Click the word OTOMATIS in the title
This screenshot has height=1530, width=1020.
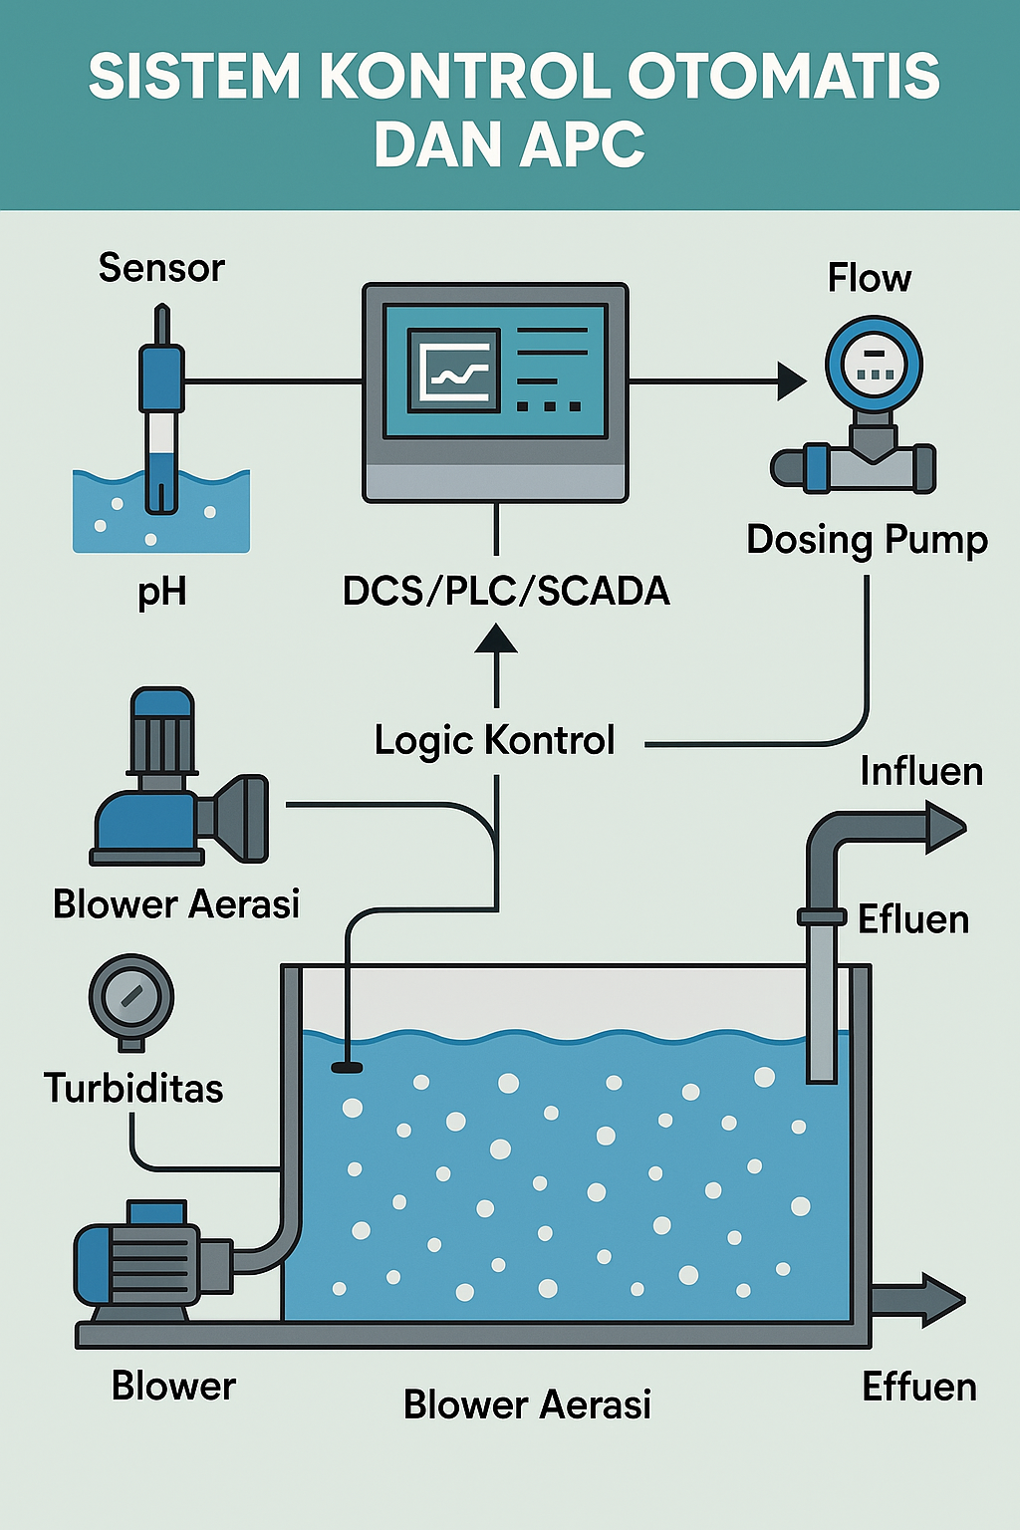coord(783,77)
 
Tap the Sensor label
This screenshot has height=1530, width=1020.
coord(161,268)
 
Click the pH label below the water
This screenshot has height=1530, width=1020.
coord(161,592)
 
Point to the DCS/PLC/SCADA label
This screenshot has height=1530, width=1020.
coord(506,591)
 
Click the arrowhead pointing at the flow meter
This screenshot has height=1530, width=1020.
coord(792,381)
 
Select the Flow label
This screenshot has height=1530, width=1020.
coord(869,278)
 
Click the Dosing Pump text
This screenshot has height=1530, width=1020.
coord(867,540)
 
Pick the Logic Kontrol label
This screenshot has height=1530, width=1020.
coord(494,740)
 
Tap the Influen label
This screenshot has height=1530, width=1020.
coord(921,772)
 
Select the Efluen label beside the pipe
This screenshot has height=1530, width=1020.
coord(913,919)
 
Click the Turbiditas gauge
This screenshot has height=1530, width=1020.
coord(131,998)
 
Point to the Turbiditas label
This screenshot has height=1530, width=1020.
coord(133,1088)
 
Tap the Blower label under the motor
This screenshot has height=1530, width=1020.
coord(173,1387)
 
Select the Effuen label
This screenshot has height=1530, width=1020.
coord(918,1387)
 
